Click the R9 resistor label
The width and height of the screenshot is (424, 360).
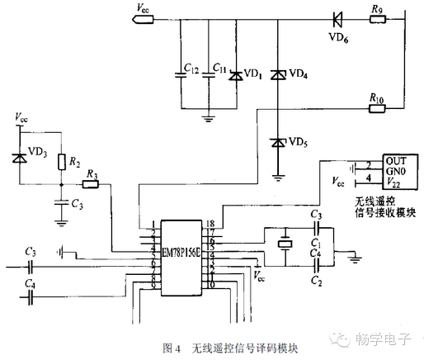[377, 9]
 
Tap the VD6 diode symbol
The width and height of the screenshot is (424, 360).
[339, 19]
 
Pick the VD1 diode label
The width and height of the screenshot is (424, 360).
[252, 75]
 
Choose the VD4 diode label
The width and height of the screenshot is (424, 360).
[300, 75]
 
